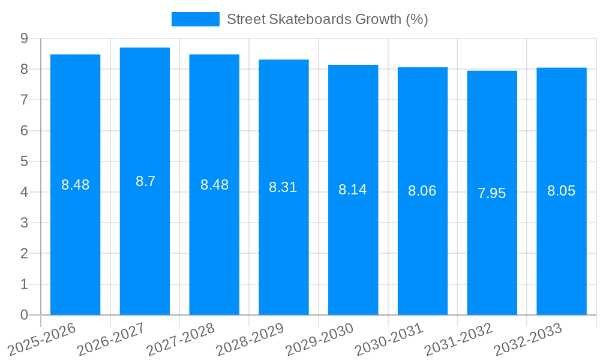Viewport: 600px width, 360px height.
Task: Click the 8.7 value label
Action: point(145,181)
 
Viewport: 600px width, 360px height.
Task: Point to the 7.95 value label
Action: point(492,193)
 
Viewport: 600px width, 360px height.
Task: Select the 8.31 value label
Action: point(283,187)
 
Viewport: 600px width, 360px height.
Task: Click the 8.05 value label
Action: point(562,191)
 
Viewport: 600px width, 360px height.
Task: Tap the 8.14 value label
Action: point(353,190)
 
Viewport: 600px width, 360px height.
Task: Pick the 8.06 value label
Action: point(422,191)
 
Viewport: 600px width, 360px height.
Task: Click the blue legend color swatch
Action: point(196,19)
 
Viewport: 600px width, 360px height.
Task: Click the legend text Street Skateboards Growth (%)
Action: point(327,19)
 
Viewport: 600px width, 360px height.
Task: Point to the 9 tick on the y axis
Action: point(24,38)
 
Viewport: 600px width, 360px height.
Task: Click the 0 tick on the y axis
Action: point(24,315)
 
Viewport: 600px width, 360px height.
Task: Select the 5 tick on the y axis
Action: point(24,161)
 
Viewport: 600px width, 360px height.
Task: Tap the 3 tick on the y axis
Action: point(24,223)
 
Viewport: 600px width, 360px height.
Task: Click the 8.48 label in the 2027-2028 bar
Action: point(214,185)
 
